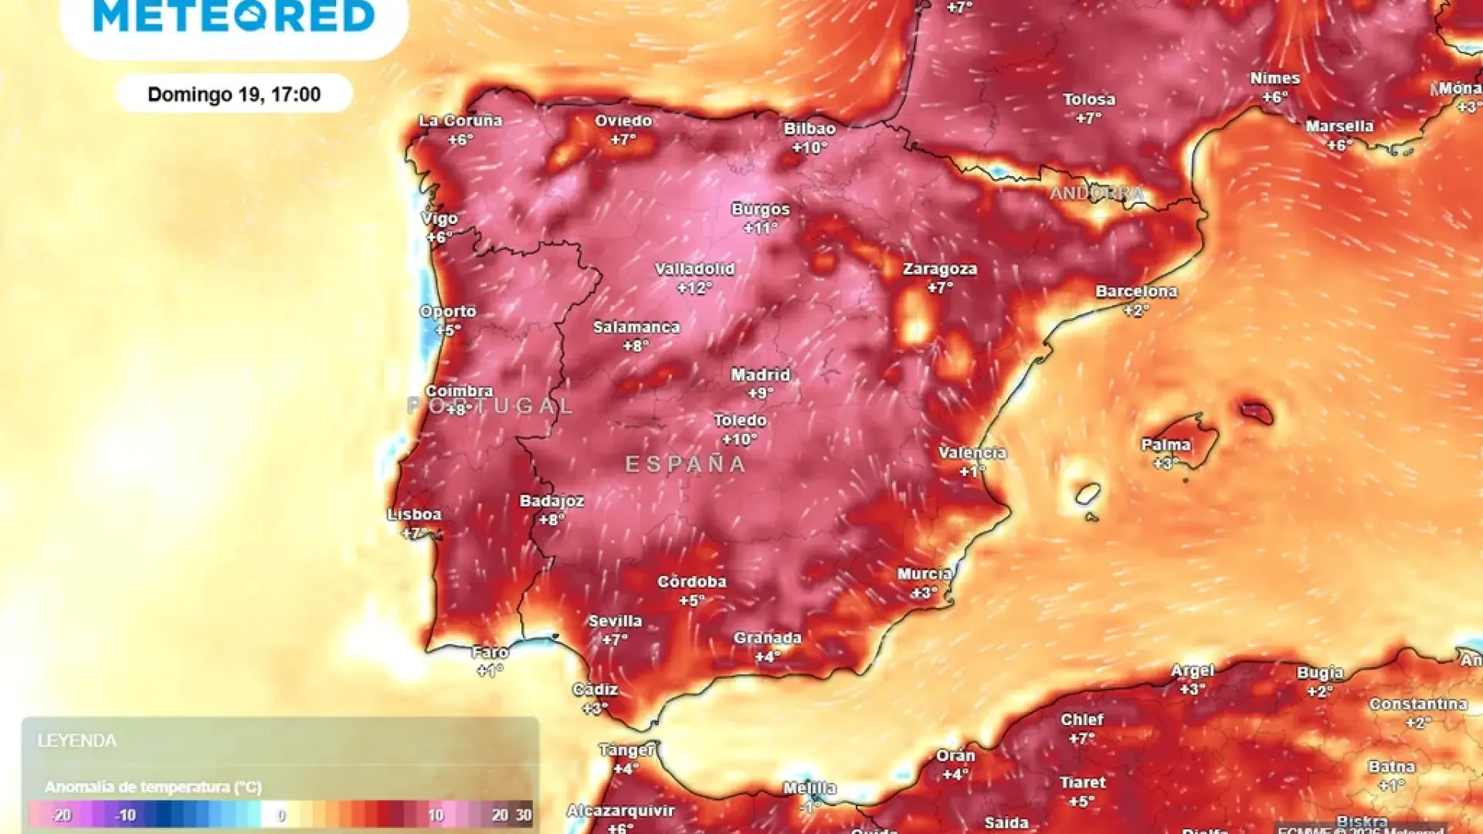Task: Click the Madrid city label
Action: tap(761, 375)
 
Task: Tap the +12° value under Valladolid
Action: tap(694, 288)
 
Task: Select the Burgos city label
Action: tap(761, 209)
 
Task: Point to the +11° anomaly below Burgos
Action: tap(761, 229)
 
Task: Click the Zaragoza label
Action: tap(940, 269)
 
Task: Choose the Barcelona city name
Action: tap(1136, 292)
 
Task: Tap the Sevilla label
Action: tap(615, 621)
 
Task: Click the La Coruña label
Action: tap(460, 120)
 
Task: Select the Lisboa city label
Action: tap(415, 514)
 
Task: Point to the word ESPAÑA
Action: tap(686, 464)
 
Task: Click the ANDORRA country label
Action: tap(1097, 193)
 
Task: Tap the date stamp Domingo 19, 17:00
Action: tap(234, 94)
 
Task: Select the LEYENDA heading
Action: tap(77, 741)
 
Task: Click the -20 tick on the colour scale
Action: tap(61, 815)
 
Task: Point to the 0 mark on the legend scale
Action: tap(281, 815)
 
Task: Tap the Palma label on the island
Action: tap(1166, 445)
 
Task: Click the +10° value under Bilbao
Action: tap(809, 147)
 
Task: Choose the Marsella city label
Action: tap(1339, 126)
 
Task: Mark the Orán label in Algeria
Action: tap(955, 755)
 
